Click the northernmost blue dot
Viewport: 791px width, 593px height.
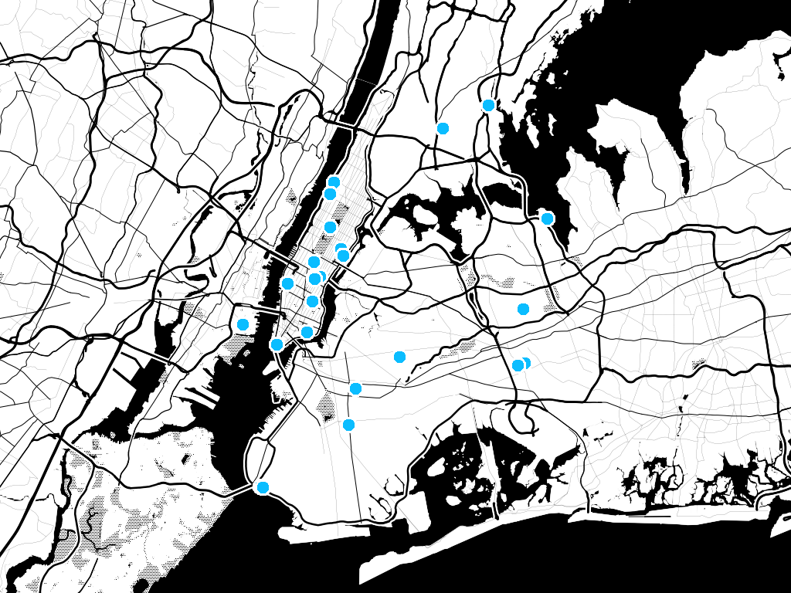tap(488, 105)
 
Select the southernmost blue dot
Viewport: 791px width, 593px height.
tap(263, 487)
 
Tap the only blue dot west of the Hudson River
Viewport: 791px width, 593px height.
tap(243, 324)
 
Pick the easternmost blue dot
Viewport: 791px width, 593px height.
tap(547, 219)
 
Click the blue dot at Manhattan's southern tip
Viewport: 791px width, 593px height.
tap(277, 344)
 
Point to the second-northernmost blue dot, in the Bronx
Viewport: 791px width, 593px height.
tap(443, 128)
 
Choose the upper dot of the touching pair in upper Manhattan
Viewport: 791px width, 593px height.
tap(334, 182)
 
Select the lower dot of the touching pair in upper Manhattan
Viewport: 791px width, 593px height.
tap(330, 194)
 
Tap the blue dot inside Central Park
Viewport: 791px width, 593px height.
tap(330, 227)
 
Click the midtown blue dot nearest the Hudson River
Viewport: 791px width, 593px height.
tap(287, 283)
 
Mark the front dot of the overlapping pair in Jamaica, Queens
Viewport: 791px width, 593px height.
tap(518, 365)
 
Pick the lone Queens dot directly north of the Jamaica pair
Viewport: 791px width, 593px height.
tap(523, 309)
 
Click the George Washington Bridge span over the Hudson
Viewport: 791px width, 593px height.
tap(340, 123)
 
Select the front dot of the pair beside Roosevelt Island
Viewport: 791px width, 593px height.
tap(343, 256)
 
